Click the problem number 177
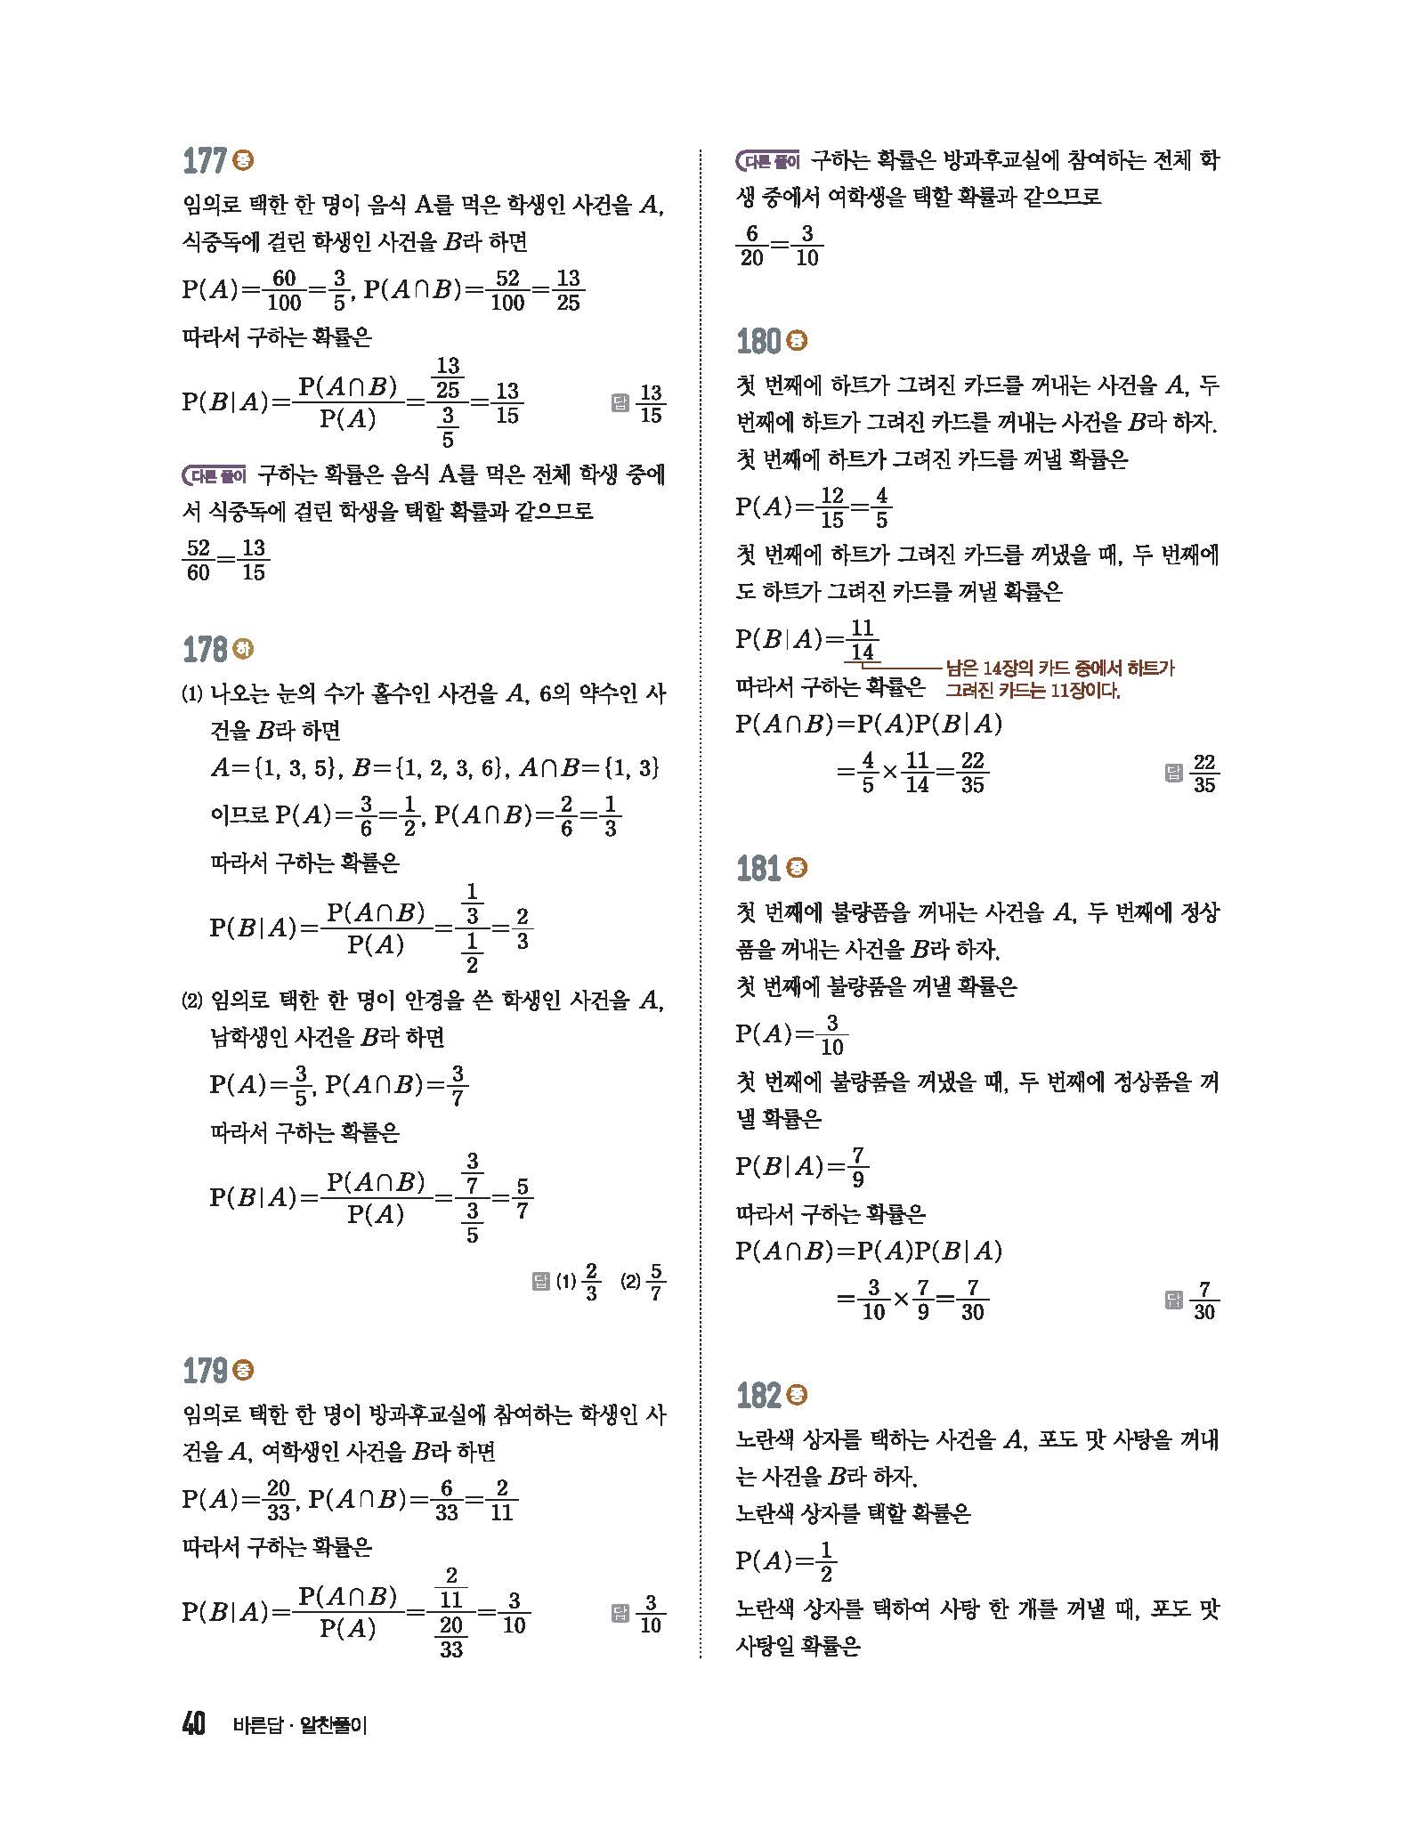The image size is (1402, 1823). pyautogui.click(x=204, y=162)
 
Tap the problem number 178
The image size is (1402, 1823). pyautogui.click(x=205, y=650)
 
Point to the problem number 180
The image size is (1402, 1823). pyautogui.click(x=759, y=341)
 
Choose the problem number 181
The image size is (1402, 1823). pyautogui.click(x=759, y=868)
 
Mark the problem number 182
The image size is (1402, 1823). pyautogui.click(x=759, y=1396)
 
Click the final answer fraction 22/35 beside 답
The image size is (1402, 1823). pyautogui.click(x=1203, y=774)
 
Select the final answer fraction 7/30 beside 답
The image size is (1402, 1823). pyautogui.click(x=1203, y=1300)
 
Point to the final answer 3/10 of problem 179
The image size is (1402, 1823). pyautogui.click(x=651, y=1614)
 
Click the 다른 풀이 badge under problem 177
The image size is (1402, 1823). pyautogui.click(x=214, y=476)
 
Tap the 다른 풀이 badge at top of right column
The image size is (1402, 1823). pyautogui.click(x=768, y=162)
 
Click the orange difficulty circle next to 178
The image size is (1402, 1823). pyautogui.click(x=242, y=649)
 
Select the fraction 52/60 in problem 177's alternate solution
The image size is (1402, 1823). pyautogui.click(x=199, y=560)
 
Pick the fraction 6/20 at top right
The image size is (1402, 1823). pyautogui.click(x=752, y=246)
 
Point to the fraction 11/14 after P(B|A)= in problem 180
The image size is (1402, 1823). pyautogui.click(x=861, y=640)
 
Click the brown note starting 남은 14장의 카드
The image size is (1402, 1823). pyautogui.click(x=1059, y=678)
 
